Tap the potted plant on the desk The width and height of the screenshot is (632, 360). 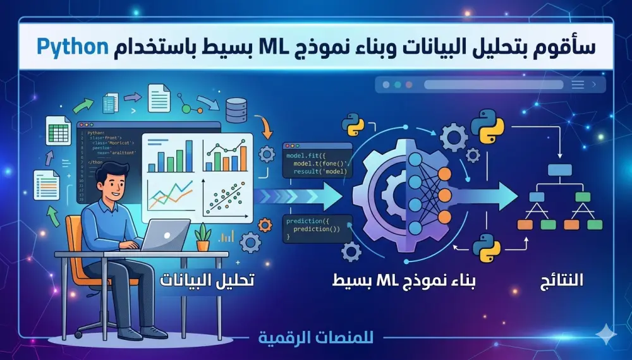pos(203,238)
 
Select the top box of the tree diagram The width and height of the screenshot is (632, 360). pos(559,169)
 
